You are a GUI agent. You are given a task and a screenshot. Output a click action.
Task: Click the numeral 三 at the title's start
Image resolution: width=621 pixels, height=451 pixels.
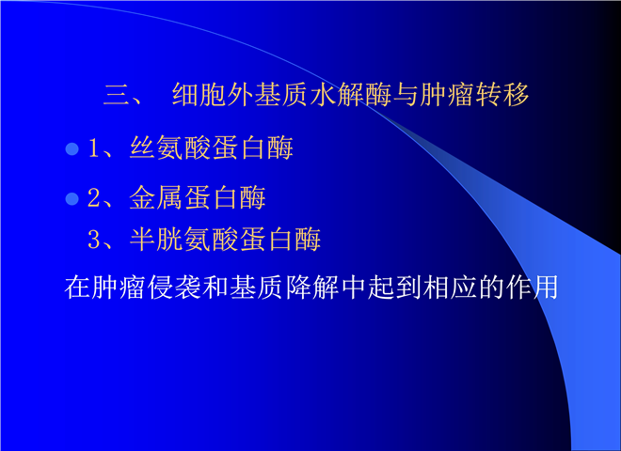(x=116, y=95)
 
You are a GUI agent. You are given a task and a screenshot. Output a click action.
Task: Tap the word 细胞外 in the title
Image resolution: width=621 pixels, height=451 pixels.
(x=213, y=95)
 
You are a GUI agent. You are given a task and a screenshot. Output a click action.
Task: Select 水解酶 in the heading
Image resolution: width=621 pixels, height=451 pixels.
(x=351, y=95)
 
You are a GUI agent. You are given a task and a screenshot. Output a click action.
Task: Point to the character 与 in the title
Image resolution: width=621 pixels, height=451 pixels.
(x=406, y=95)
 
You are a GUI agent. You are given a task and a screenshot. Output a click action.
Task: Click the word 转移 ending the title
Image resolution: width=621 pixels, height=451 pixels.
(x=502, y=95)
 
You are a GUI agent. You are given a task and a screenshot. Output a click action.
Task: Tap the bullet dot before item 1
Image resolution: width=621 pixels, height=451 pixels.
(x=72, y=148)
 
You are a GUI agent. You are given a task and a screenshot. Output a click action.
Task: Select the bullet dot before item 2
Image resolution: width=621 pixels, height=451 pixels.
(x=72, y=198)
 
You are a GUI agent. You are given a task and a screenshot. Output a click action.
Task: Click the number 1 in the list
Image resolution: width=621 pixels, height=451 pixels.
(x=94, y=148)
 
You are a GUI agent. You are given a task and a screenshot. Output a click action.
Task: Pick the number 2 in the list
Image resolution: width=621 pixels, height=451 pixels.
(x=94, y=197)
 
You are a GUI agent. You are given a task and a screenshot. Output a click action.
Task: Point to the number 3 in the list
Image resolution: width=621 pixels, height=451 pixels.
(x=94, y=240)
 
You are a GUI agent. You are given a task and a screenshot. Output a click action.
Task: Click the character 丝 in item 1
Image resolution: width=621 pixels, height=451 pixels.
(x=142, y=148)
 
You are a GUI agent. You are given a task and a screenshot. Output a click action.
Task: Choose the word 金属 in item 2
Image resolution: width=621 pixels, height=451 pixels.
(x=155, y=197)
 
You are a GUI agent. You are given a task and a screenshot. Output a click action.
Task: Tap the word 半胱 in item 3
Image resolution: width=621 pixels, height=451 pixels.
(x=155, y=239)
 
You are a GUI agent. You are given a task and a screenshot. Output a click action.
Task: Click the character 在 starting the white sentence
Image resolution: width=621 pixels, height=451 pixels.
(x=77, y=287)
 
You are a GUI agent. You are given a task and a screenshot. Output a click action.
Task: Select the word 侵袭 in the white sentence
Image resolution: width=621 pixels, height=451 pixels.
(x=173, y=287)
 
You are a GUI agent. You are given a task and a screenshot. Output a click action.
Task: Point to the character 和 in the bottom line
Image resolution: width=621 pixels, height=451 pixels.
(x=215, y=287)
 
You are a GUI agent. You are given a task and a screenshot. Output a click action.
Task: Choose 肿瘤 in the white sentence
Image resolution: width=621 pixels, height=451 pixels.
(x=118, y=287)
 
